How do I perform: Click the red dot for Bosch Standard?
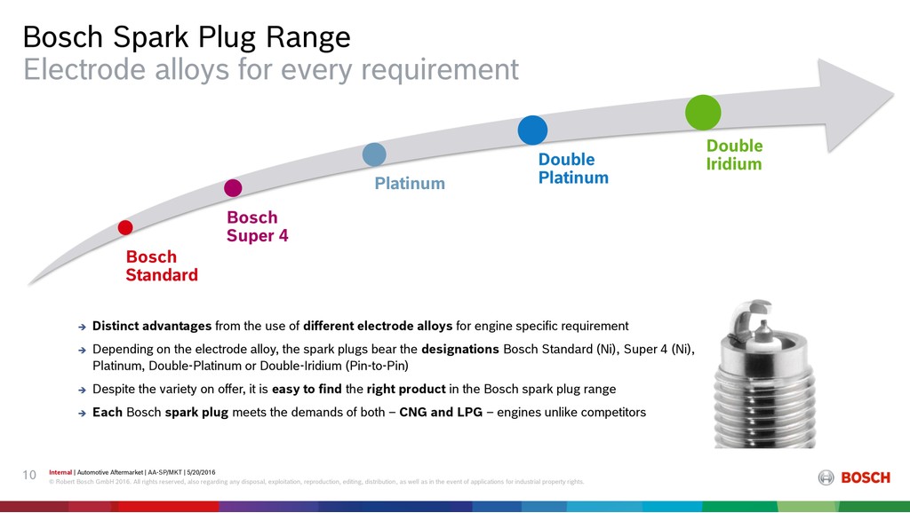125,227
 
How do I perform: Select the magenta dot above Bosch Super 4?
233,188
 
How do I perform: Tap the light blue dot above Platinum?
374,154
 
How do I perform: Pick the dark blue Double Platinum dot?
533,130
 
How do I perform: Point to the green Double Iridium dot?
703,113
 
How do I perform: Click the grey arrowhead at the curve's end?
852,105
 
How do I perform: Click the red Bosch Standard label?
162,265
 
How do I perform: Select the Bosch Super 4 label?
257,226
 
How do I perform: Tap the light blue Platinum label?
410,183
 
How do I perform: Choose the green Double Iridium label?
734,154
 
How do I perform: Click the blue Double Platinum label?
573,168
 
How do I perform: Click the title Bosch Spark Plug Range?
187,37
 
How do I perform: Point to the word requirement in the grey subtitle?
440,70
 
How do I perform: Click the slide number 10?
29,476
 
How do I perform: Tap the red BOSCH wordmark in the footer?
866,477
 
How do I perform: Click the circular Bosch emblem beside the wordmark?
826,477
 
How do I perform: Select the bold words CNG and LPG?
441,412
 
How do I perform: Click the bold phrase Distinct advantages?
152,326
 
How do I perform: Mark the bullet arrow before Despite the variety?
82,391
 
